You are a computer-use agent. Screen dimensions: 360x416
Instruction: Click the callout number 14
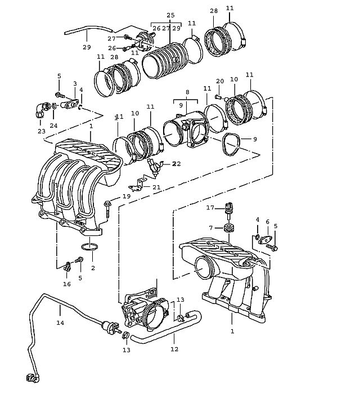[60, 323]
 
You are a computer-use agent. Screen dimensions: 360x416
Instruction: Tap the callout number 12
[174, 349]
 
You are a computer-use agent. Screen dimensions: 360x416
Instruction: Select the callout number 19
[127, 196]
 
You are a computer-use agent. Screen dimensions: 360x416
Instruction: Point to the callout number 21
[156, 187]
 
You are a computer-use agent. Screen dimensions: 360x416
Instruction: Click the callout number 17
[210, 208]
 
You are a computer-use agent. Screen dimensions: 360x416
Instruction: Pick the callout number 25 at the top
[170, 15]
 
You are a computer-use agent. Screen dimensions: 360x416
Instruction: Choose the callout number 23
[42, 131]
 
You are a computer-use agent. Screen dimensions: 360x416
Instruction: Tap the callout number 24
[53, 126]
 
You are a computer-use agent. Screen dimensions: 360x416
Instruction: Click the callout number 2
[93, 268]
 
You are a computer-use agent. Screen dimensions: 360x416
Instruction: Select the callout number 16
[67, 284]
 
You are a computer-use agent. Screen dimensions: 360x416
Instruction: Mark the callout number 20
[220, 81]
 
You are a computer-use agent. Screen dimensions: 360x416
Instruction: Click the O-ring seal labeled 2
[89, 247]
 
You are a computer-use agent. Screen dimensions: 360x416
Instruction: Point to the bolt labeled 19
[108, 209]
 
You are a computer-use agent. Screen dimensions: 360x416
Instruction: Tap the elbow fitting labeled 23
[40, 110]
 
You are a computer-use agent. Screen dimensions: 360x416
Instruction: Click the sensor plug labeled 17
[228, 208]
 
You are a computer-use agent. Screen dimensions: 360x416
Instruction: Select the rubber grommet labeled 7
[229, 228]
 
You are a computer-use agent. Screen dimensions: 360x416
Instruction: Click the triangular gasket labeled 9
[231, 144]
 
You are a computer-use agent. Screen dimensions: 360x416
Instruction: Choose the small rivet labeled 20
[218, 97]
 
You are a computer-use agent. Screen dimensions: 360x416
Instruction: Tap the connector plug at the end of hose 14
[33, 378]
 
